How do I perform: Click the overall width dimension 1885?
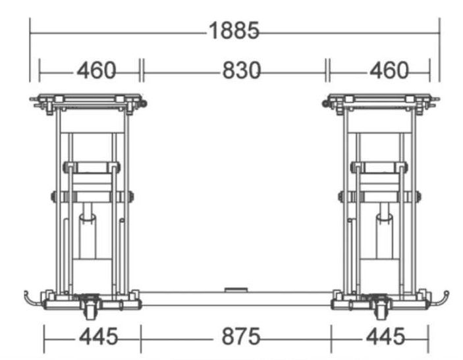[234, 30]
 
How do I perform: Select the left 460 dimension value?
[96, 70]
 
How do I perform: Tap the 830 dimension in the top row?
[241, 70]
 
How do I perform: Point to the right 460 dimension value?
[389, 70]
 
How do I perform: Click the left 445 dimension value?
[98, 336]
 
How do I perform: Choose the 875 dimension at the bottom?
[241, 336]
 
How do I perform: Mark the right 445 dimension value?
[385, 336]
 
